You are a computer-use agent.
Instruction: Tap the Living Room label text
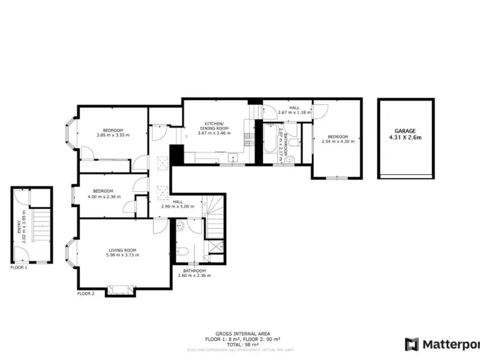pyautogui.click(x=122, y=252)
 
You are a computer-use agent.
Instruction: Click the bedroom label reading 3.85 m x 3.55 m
pyautogui.click(x=113, y=132)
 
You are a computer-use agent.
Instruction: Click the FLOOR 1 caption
pyautogui.click(x=19, y=267)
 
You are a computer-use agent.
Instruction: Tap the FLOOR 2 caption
pyautogui.click(x=86, y=293)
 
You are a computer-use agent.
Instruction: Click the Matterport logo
pyautogui.click(x=441, y=344)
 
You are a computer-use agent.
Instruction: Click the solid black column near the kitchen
pyautogui.click(x=176, y=154)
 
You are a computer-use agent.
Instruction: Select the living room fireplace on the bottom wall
pyautogui.click(x=119, y=289)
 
